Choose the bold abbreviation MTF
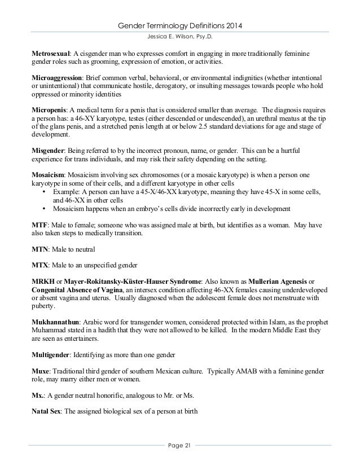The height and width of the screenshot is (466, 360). click(39, 225)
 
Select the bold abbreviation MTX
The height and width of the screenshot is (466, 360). click(40, 264)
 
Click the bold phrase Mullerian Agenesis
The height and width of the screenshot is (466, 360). click(275, 280)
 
